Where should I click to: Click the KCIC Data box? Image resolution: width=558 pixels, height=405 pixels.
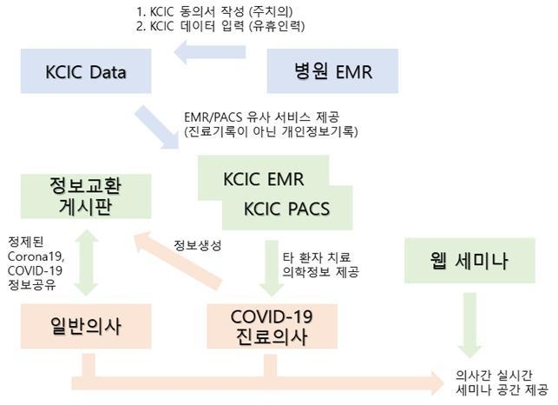pos(86,71)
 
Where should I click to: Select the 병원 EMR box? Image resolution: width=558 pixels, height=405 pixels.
pos(332,71)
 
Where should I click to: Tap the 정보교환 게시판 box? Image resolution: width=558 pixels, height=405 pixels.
pos(86,196)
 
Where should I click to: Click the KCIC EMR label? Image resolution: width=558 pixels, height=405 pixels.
pos(263,179)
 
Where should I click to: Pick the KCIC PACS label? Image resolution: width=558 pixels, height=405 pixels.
pos(286,209)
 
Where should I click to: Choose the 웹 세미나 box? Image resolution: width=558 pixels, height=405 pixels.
pos(469,261)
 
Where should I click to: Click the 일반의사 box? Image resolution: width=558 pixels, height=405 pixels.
pos(86,326)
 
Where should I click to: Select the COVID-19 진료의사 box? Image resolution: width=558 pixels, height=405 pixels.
pos(272,326)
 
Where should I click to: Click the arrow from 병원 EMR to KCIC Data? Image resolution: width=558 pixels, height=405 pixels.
pos(210,52)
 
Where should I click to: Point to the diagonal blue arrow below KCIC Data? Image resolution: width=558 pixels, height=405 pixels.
pos(156,127)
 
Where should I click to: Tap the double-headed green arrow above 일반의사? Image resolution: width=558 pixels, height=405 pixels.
pos(86,262)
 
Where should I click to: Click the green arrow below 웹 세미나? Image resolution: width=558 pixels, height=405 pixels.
pos(469,325)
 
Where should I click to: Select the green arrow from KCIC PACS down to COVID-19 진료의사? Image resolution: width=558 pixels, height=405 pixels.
pos(272,269)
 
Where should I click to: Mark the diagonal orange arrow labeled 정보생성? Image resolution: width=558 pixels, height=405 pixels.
pos(177,261)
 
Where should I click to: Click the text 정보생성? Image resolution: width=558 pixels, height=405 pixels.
pos(198,245)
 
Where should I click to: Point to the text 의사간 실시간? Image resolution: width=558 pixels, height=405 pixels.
pos(494,375)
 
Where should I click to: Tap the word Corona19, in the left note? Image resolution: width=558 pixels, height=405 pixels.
pos(36,256)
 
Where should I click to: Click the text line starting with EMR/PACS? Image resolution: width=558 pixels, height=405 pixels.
pos(262,117)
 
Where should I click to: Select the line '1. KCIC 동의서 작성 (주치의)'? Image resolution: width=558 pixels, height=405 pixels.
pos(214,11)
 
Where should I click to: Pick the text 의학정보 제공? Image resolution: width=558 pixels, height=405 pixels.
pos(320,272)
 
